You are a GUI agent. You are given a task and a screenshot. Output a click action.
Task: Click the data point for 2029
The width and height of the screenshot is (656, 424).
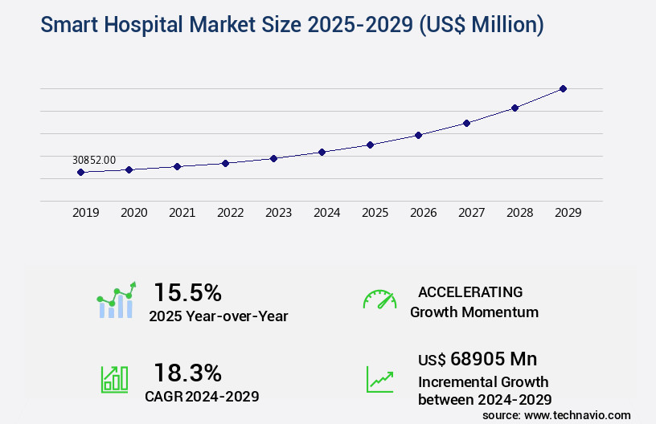pyautogui.click(x=563, y=88)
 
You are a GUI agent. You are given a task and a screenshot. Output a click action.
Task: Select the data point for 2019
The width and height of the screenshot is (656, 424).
pyautogui.click(x=80, y=172)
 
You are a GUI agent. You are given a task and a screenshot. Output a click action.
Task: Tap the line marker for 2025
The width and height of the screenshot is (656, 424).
pyautogui.click(x=370, y=145)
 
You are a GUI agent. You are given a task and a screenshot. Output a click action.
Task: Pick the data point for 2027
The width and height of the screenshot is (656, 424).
pyautogui.click(x=466, y=123)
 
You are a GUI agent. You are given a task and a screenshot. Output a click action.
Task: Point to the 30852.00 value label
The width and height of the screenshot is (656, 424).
pyautogui.click(x=94, y=160)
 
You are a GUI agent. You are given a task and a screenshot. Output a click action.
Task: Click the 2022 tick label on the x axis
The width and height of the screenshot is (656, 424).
pyautogui.click(x=230, y=213)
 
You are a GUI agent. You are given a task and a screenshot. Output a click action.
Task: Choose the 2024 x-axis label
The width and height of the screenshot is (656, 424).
pyautogui.click(x=326, y=213)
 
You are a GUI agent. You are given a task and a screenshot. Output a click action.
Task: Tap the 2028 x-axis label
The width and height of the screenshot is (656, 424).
pyautogui.click(x=519, y=213)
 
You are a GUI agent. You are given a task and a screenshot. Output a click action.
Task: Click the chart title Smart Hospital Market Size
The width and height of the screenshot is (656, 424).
pyautogui.click(x=291, y=26)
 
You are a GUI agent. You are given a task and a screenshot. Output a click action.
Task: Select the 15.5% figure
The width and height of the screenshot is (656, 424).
pyautogui.click(x=187, y=291)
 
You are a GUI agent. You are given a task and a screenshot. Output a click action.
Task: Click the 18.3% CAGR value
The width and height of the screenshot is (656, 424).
pyautogui.click(x=187, y=373)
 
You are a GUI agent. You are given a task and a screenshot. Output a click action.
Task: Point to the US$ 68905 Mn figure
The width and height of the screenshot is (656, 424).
pyautogui.click(x=478, y=359)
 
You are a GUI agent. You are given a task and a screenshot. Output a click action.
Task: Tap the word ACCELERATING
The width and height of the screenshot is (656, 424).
pyautogui.click(x=470, y=291)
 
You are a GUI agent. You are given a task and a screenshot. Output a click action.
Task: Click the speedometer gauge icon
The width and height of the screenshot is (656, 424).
pyautogui.click(x=379, y=300)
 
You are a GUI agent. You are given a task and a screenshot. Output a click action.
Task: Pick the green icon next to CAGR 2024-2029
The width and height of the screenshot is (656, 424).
pyautogui.click(x=113, y=378)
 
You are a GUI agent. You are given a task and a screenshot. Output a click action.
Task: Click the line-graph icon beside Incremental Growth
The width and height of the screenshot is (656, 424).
pyautogui.click(x=379, y=378)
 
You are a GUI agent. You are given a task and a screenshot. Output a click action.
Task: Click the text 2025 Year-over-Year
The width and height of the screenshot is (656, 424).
pyautogui.click(x=218, y=316)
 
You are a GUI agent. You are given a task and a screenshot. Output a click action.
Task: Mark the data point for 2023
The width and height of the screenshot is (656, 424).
pyautogui.click(x=273, y=158)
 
